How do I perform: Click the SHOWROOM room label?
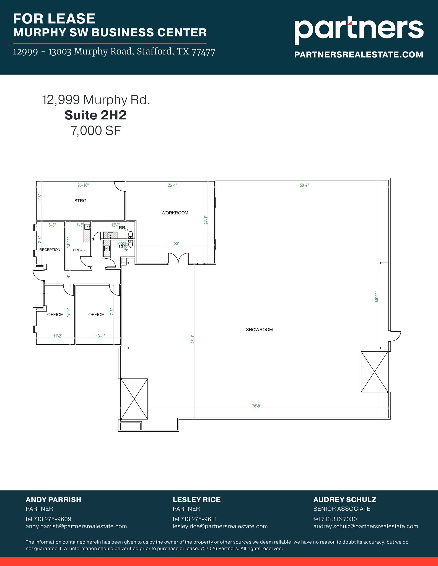coord(259,329)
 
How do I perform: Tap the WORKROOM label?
coord(175,213)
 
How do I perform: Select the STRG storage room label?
coord(80,201)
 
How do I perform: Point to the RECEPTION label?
coord(50,250)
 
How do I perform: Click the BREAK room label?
coord(79,250)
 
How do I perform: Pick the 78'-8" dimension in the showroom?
coord(256,406)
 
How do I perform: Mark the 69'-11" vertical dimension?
coord(376,296)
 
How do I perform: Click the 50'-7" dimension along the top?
coord(304,185)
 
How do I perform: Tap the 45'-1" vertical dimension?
coord(193,339)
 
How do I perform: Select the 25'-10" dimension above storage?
coord(83,185)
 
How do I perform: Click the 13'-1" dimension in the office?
coord(100,336)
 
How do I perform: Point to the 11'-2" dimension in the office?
coord(58,336)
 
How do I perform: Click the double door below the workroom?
coord(178,258)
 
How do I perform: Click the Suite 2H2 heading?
coord(95,115)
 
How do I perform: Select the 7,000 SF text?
coord(96,130)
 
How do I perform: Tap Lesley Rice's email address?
coord(220,526)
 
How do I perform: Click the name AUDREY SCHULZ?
coord(344,500)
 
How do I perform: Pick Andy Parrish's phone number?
coord(48,519)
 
